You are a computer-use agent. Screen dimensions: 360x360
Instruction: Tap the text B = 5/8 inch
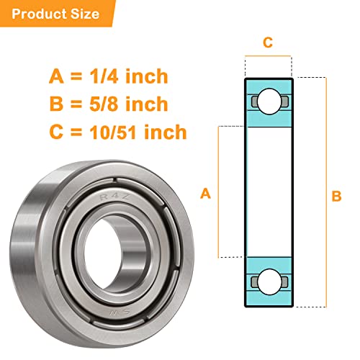pos(109,104)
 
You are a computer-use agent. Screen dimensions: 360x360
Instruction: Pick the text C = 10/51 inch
pos(118,132)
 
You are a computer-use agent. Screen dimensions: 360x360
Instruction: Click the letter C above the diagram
pos(268,42)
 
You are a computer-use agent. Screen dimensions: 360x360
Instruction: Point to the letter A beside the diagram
pos(205,193)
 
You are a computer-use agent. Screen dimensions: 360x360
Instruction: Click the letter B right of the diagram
pos(336,195)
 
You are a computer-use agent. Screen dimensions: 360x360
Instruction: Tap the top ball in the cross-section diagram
pos(268,99)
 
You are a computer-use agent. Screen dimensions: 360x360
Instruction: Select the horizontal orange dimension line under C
pos(268,57)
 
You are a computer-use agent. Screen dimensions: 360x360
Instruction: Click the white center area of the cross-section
pos(268,192)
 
